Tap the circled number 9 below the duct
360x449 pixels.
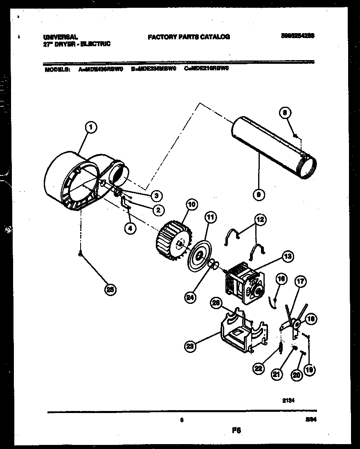pos(257,195)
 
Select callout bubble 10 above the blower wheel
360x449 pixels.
pos(191,204)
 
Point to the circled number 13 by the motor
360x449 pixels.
pos(287,257)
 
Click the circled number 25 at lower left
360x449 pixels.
pos(109,290)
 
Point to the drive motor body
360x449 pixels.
pos(242,282)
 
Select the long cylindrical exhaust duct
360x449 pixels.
pos(272,147)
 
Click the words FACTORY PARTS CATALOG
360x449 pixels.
pos(189,37)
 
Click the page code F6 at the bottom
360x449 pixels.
pos(236,430)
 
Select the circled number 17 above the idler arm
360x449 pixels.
pos(301,281)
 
